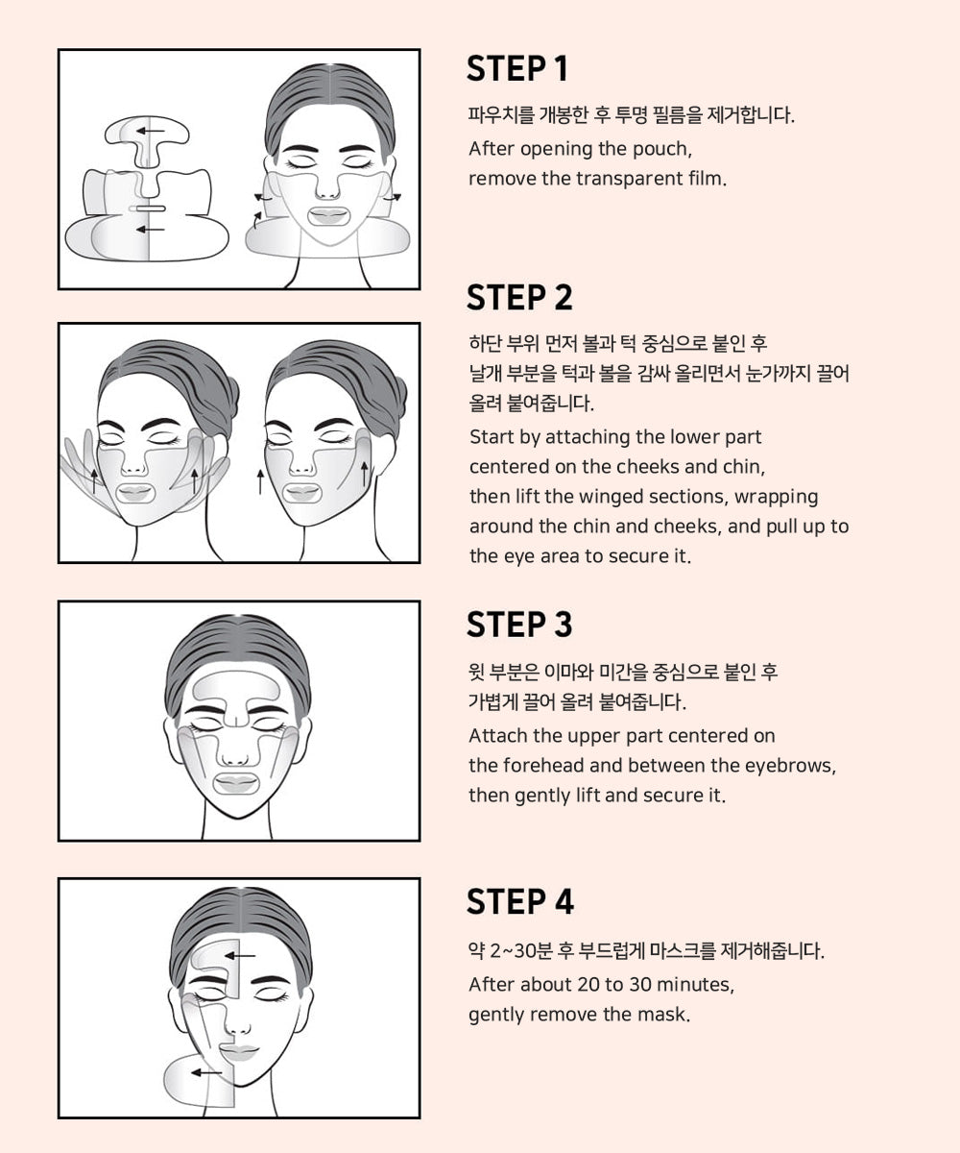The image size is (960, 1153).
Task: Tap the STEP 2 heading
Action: coord(518,298)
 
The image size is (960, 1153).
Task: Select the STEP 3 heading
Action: coord(518,625)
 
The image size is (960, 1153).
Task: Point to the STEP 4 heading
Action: coord(519,902)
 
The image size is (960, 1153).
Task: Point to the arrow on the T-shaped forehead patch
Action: coord(149,130)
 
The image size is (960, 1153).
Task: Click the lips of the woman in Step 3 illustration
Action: coord(236,781)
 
